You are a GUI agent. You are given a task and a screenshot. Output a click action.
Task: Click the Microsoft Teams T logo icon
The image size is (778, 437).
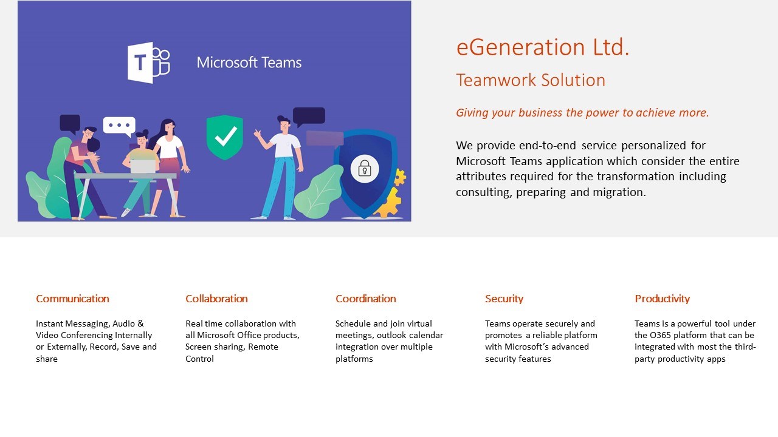[x=149, y=63]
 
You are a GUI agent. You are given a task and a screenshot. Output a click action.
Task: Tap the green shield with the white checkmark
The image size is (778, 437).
[x=225, y=137]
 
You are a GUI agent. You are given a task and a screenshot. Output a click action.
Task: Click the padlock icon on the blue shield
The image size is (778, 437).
[x=364, y=169]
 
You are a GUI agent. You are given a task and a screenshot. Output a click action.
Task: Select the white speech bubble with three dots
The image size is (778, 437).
[x=120, y=126]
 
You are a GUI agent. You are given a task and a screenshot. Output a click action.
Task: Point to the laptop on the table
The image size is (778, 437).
[x=143, y=166]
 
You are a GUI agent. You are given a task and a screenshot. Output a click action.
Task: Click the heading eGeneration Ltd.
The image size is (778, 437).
[x=543, y=47]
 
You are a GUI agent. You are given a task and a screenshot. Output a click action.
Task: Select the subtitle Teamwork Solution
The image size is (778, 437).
[x=531, y=80]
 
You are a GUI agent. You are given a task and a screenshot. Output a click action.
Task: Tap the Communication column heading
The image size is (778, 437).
[x=72, y=299]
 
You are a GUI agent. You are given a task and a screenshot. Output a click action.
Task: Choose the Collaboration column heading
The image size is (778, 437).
[x=216, y=299]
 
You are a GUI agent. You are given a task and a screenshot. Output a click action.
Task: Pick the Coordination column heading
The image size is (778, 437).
[x=366, y=299]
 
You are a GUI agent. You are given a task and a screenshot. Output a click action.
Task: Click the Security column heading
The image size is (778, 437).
[x=504, y=299]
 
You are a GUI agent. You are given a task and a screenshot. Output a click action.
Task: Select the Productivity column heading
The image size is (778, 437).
[x=662, y=299]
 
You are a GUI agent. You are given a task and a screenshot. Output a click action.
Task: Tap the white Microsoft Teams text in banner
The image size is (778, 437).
[x=249, y=63]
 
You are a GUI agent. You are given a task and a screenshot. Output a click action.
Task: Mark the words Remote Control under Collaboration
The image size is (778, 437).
[x=232, y=353]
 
